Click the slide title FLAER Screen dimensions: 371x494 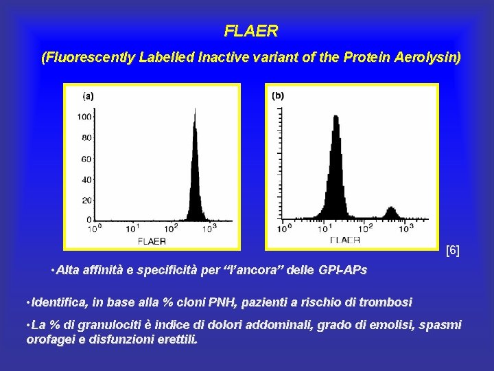(251, 31)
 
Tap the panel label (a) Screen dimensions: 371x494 (89, 96)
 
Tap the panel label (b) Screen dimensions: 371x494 (278, 95)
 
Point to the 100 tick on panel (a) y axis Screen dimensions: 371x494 (84, 117)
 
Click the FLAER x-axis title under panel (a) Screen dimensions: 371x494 (152, 241)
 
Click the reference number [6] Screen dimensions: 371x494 (453, 251)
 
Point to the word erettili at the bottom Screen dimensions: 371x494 (176, 339)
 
